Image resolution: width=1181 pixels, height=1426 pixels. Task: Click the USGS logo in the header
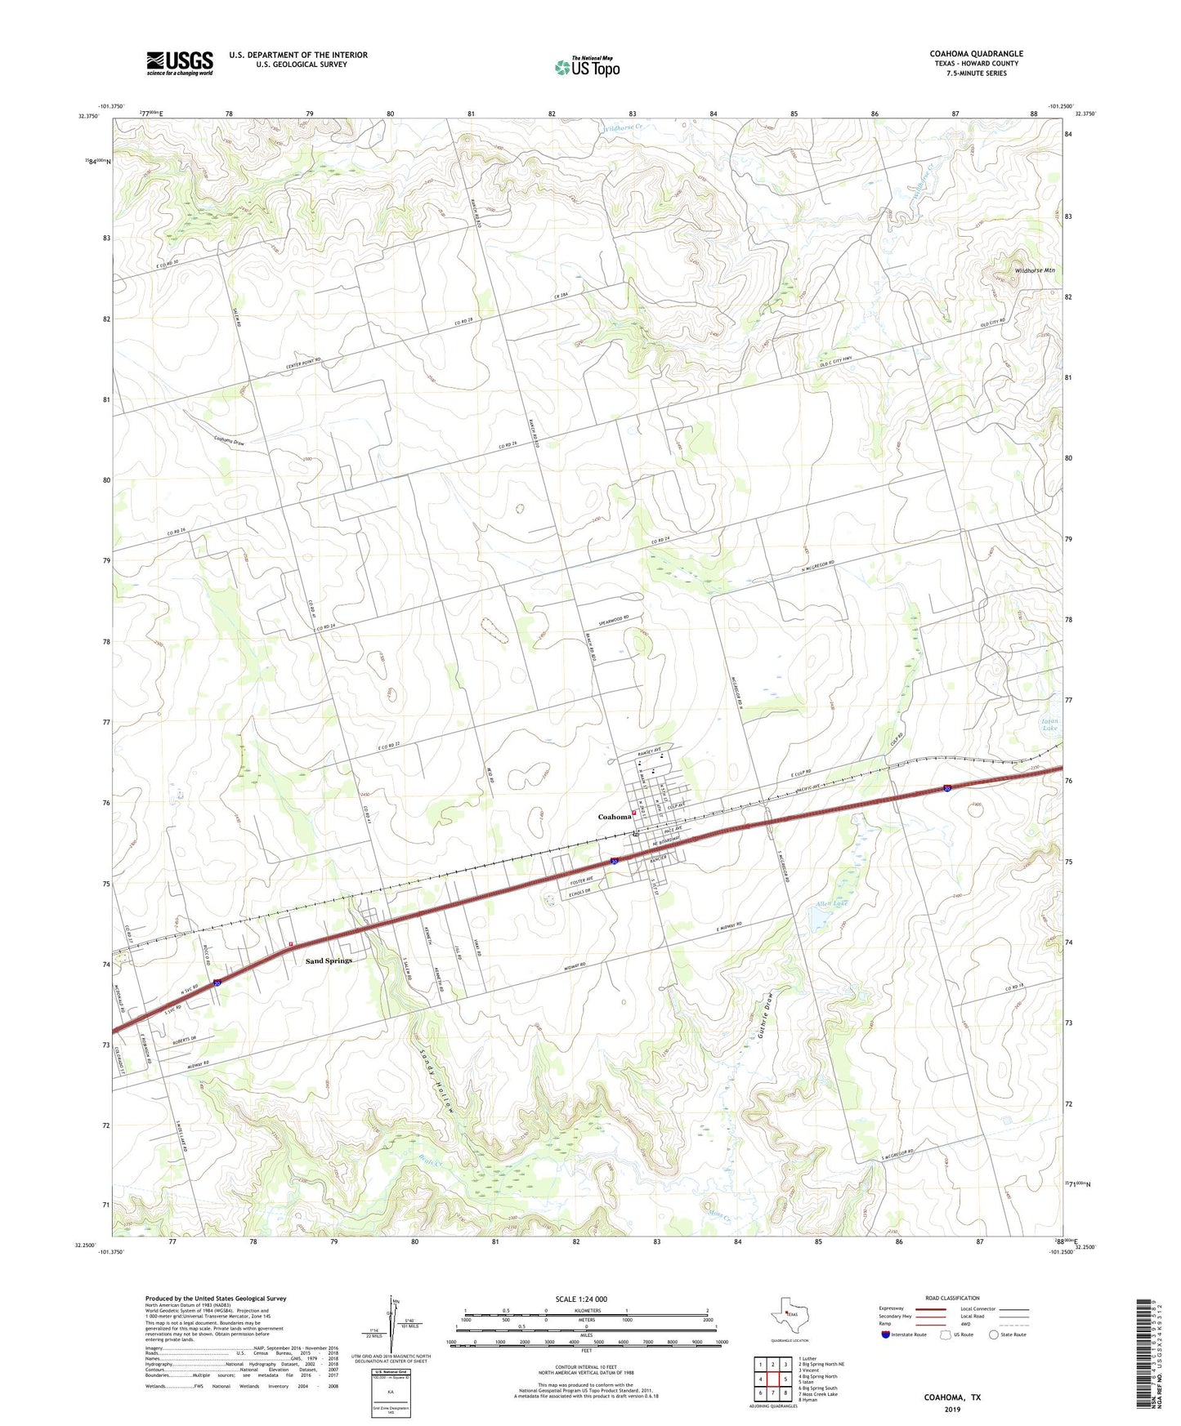click(x=180, y=63)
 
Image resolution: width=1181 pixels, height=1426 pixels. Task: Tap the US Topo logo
click(x=587, y=66)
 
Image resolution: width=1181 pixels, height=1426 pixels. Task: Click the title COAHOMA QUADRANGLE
click(x=976, y=54)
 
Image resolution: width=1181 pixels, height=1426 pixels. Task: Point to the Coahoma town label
click(x=614, y=817)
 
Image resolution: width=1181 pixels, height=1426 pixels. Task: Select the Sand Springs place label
click(x=329, y=960)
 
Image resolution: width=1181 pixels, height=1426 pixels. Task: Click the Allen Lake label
click(x=832, y=905)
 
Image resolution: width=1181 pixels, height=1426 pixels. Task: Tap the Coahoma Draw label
click(x=229, y=441)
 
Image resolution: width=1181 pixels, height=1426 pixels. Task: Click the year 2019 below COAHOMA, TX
click(x=952, y=1409)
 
